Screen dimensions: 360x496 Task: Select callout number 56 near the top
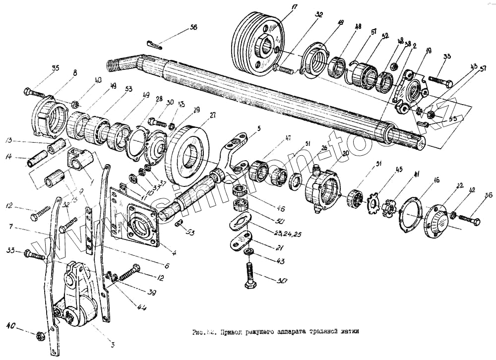tap(193, 27)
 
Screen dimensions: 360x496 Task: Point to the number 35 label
tap(55, 68)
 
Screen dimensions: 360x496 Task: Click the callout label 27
tap(212, 116)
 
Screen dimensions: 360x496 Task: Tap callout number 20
tap(346, 153)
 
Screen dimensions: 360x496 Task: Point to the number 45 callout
tap(399, 169)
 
